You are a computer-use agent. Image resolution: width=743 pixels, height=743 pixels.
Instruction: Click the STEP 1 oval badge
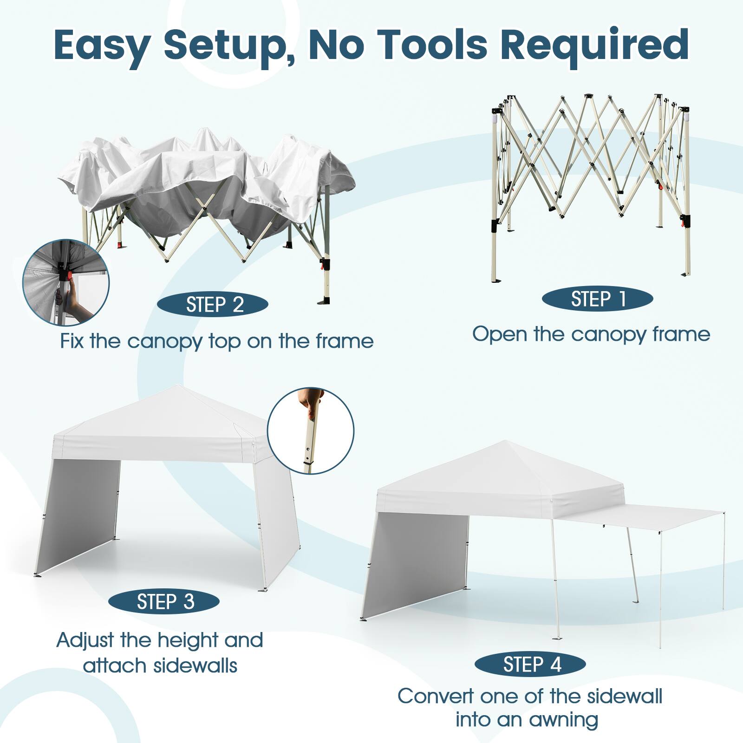click(x=597, y=299)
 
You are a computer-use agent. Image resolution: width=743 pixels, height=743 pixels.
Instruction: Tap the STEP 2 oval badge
click(x=213, y=305)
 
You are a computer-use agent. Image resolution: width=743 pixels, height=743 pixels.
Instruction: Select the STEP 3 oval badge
click(x=164, y=602)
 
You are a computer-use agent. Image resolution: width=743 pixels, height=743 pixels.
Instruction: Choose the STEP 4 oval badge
click(x=530, y=665)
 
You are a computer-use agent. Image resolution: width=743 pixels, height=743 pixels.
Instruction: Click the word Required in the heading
click(x=595, y=45)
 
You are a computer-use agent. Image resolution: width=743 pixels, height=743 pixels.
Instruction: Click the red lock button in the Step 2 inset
click(x=69, y=276)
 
